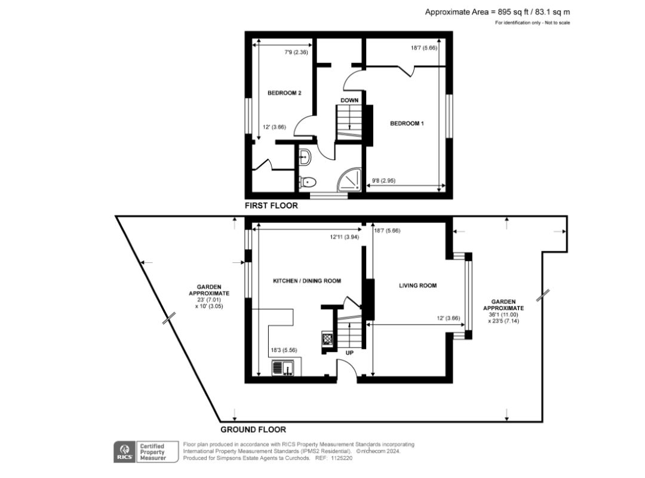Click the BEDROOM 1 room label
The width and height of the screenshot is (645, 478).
(407, 124)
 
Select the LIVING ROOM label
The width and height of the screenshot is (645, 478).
(417, 286)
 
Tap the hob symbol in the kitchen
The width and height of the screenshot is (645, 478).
(328, 339)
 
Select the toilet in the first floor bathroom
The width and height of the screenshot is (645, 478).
(308, 182)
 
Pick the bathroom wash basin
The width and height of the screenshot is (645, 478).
(305, 157)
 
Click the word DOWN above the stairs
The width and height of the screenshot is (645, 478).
(349, 100)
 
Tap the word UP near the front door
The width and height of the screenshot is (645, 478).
(349, 353)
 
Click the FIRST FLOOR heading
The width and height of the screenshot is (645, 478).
(271, 206)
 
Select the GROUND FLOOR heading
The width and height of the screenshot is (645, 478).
(253, 430)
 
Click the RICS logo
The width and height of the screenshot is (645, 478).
(124, 452)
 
